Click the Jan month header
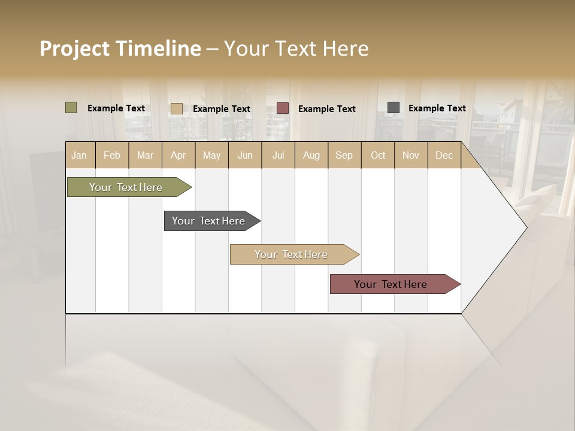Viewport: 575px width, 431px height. (x=79, y=155)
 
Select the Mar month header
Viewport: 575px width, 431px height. (x=145, y=155)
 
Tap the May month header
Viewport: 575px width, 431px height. (x=211, y=155)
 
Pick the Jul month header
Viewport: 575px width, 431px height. (x=278, y=155)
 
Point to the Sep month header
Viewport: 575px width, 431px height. (x=344, y=155)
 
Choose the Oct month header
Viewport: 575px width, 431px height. (x=378, y=155)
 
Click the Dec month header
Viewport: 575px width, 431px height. (x=444, y=155)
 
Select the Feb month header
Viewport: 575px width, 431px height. (x=112, y=155)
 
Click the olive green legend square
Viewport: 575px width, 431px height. (x=71, y=108)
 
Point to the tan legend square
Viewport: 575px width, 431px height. (x=176, y=108)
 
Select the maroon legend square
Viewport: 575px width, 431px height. (x=282, y=108)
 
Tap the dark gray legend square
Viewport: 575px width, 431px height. (x=393, y=108)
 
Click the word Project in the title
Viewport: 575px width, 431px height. (x=74, y=48)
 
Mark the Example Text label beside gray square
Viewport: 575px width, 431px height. (x=437, y=108)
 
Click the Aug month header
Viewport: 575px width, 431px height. (x=311, y=155)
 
